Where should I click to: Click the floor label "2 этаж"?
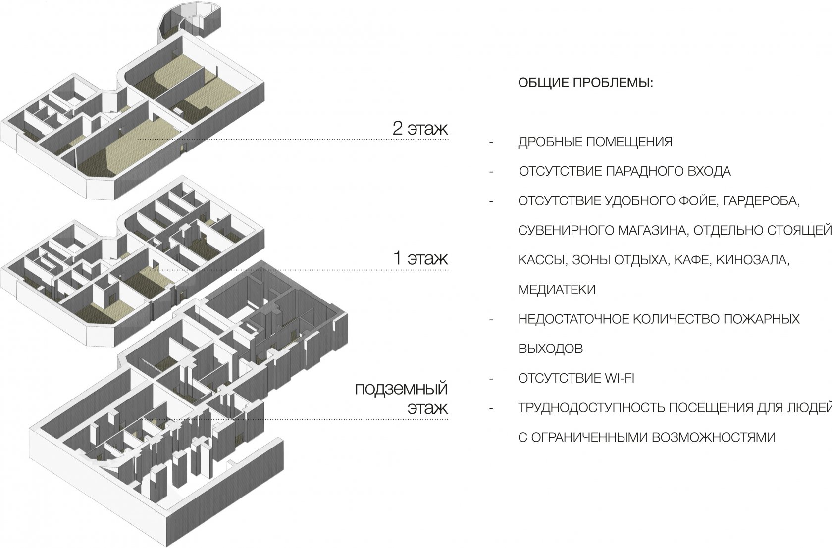point(420,128)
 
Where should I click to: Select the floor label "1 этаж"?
point(420,258)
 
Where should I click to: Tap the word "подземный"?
point(401,389)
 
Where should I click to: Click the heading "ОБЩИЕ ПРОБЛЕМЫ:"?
point(586,83)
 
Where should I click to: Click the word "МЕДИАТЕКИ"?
point(557,290)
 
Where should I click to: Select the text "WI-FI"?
point(619,379)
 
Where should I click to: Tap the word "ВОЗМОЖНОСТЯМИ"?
point(713,438)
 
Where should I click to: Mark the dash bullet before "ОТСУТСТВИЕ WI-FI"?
point(491,379)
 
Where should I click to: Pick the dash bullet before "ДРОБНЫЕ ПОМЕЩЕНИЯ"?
point(491,143)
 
